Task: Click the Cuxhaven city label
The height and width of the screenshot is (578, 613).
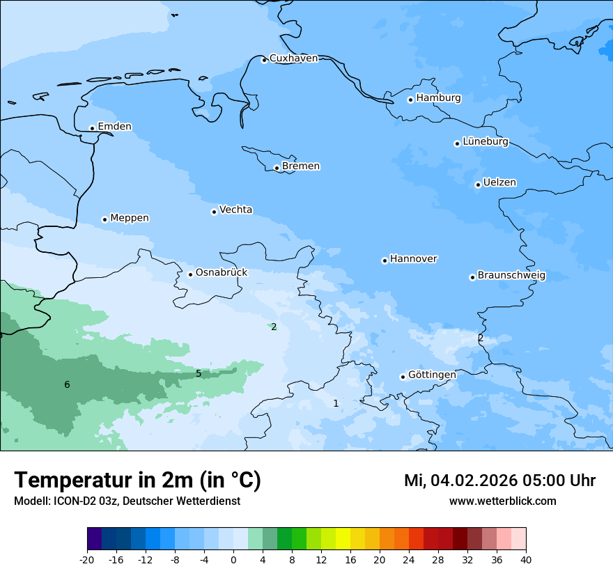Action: click(x=293, y=58)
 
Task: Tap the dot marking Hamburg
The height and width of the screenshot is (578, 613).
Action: click(x=410, y=100)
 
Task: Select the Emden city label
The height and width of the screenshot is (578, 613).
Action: click(x=114, y=127)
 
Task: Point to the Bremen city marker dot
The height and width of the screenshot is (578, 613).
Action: click(x=277, y=168)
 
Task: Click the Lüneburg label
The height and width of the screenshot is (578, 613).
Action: click(x=486, y=142)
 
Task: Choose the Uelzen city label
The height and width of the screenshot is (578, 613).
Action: click(x=499, y=183)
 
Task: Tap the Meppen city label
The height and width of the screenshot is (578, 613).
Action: click(x=130, y=218)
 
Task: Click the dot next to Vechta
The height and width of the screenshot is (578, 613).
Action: click(x=214, y=212)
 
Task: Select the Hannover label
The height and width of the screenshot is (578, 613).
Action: click(x=413, y=259)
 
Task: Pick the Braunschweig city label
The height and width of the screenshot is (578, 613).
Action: click(x=511, y=276)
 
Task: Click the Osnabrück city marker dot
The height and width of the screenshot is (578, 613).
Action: click(x=190, y=274)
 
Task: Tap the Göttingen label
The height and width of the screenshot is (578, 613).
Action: click(x=432, y=375)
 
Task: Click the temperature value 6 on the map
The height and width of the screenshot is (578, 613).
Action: click(x=67, y=385)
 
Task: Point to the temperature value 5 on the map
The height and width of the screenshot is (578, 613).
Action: click(x=199, y=374)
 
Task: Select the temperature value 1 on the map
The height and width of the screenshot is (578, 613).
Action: click(x=336, y=403)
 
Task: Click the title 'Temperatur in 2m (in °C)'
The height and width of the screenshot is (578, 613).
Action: click(x=137, y=481)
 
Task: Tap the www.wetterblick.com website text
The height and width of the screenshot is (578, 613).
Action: click(x=502, y=501)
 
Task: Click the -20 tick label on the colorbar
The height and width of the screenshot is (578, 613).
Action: click(x=87, y=560)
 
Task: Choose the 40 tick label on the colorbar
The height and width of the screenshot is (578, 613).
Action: click(x=526, y=560)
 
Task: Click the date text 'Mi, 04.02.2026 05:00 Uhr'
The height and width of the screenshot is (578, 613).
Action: click(x=499, y=481)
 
